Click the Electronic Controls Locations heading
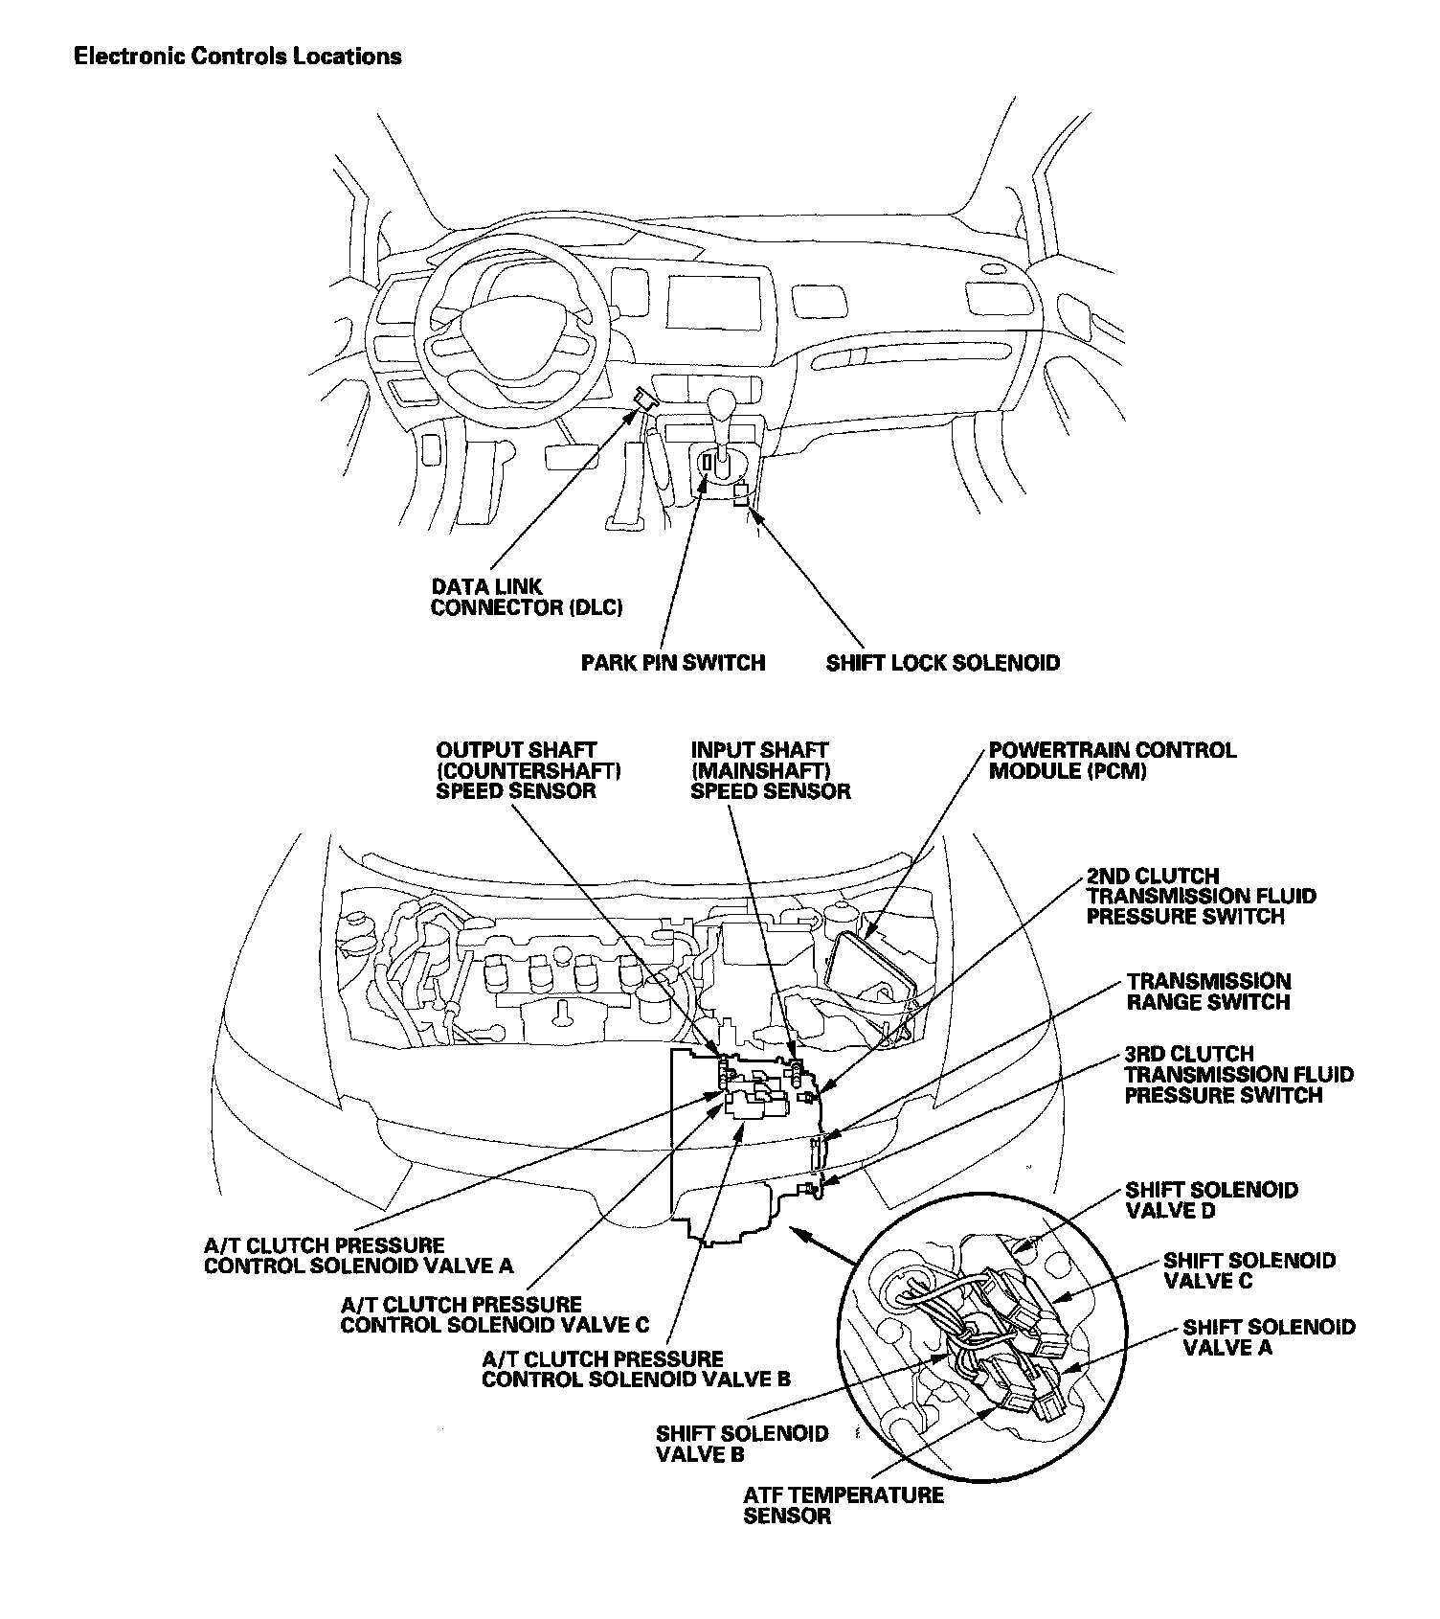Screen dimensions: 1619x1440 [x=237, y=57]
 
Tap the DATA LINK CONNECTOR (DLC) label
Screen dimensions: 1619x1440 [x=527, y=597]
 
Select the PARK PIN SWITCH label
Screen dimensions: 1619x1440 [x=673, y=663]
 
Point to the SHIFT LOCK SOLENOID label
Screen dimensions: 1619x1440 [x=943, y=663]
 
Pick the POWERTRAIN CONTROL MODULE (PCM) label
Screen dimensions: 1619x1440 [x=1112, y=761]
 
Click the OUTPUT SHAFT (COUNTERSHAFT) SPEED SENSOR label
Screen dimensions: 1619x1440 [x=529, y=770]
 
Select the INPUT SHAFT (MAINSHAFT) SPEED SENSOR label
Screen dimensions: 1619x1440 [x=770, y=770]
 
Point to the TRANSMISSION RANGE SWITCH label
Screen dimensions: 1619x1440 [x=1208, y=992]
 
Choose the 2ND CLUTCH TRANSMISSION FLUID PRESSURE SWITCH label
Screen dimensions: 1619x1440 [x=1201, y=897]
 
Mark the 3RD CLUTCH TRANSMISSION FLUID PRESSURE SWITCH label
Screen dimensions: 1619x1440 [x=1239, y=1074]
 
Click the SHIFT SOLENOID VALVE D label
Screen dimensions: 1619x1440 [x=1211, y=1200]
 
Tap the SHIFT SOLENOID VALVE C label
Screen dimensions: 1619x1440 [x=1249, y=1270]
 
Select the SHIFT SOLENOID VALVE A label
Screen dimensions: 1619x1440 [x=1268, y=1337]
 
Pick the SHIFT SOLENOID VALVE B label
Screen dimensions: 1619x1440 [x=741, y=1444]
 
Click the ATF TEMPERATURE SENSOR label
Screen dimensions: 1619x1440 [x=843, y=1505]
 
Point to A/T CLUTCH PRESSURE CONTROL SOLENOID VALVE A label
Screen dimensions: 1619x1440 [x=358, y=1256]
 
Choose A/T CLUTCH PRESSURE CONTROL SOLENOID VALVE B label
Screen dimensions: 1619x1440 [x=636, y=1369]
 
